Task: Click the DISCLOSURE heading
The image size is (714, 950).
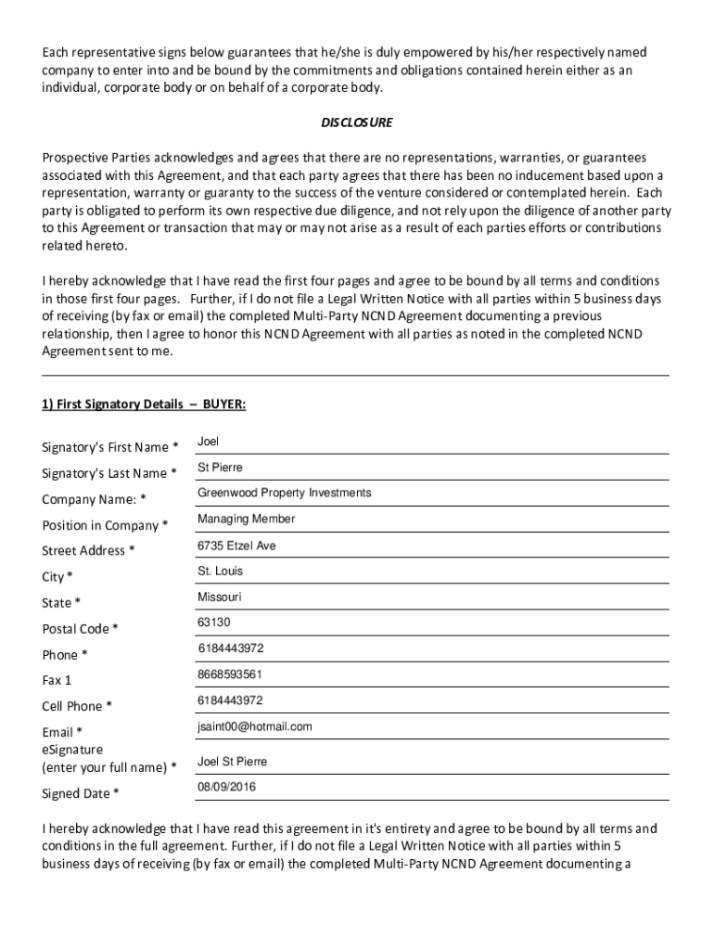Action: click(x=357, y=122)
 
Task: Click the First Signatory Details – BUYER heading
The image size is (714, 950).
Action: click(x=144, y=404)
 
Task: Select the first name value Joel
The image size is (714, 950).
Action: click(x=208, y=442)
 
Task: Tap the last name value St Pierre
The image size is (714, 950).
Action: click(x=220, y=468)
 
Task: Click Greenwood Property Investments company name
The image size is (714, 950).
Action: click(x=284, y=493)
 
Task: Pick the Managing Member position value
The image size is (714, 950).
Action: click(x=246, y=519)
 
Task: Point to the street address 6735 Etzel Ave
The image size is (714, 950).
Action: click(x=236, y=546)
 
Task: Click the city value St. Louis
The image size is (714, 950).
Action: click(x=220, y=571)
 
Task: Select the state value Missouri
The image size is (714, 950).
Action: click(x=219, y=597)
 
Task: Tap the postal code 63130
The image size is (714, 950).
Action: click(x=213, y=622)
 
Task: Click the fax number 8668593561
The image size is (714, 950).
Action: click(x=229, y=674)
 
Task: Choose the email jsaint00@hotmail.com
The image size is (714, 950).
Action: click(x=254, y=726)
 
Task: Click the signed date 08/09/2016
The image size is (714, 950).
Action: click(x=226, y=787)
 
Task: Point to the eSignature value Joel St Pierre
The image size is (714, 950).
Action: click(x=232, y=762)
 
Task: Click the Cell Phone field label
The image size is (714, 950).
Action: click(x=77, y=706)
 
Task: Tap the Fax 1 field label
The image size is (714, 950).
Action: click(x=57, y=680)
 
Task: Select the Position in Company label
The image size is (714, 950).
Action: click(x=105, y=525)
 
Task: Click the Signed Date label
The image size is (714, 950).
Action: click(x=81, y=793)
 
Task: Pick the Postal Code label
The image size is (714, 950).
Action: click(x=80, y=629)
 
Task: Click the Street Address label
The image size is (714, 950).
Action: click(x=88, y=551)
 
